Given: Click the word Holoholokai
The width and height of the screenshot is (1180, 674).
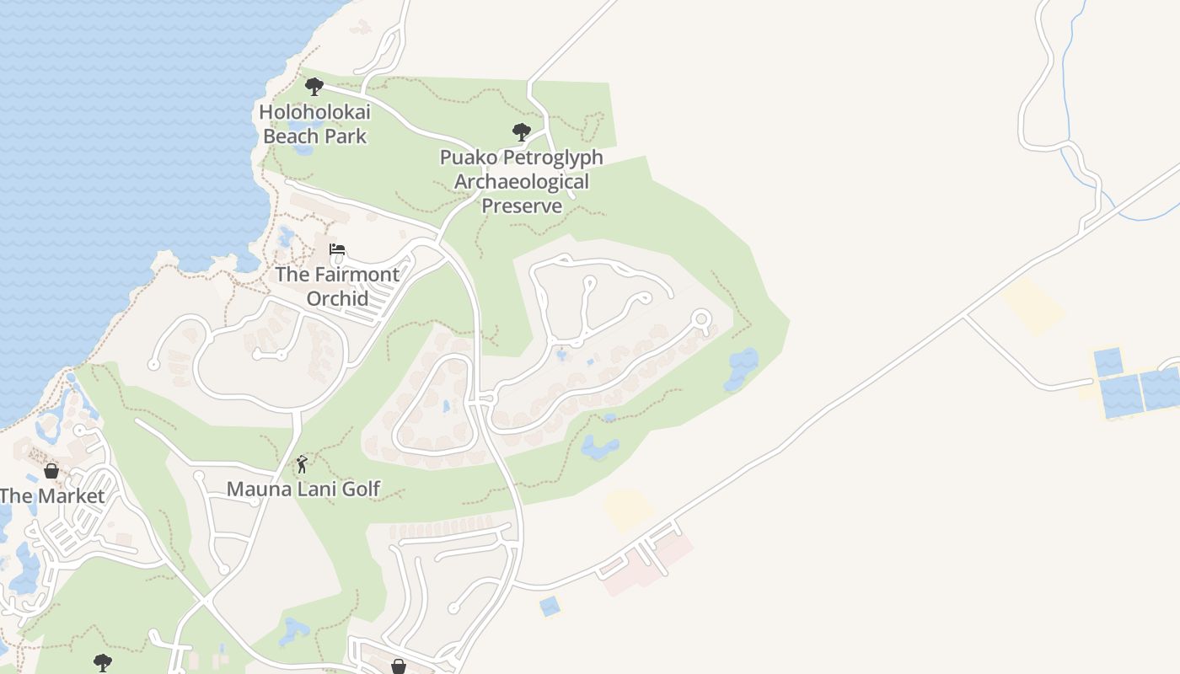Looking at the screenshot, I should pos(314,111).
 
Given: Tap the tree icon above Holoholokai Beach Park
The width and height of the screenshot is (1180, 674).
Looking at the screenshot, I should pos(314,86).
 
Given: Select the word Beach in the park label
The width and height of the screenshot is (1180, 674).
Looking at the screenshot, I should pos(292,136).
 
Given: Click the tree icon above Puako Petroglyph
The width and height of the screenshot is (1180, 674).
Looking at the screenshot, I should pos(522,131).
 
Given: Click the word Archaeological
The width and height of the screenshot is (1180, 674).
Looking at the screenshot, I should pos(522,181).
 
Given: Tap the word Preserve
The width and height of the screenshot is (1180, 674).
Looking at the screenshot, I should pos(522,206).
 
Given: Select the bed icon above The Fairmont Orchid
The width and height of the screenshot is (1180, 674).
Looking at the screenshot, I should pos(337,249).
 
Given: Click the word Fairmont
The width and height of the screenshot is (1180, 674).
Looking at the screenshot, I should pos(357,274).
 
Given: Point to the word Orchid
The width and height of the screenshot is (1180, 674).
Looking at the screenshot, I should pos(337,298).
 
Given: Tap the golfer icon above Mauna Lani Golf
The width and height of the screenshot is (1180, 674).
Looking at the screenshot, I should pos(302,464).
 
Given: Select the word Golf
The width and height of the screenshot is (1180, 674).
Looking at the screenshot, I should pos(361,489).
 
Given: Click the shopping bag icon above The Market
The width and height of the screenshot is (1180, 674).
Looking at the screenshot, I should pos(51,470).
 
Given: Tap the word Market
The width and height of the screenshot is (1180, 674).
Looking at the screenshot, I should pos(67,495).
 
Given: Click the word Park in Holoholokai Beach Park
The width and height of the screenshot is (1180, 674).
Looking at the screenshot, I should pos(346,136).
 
